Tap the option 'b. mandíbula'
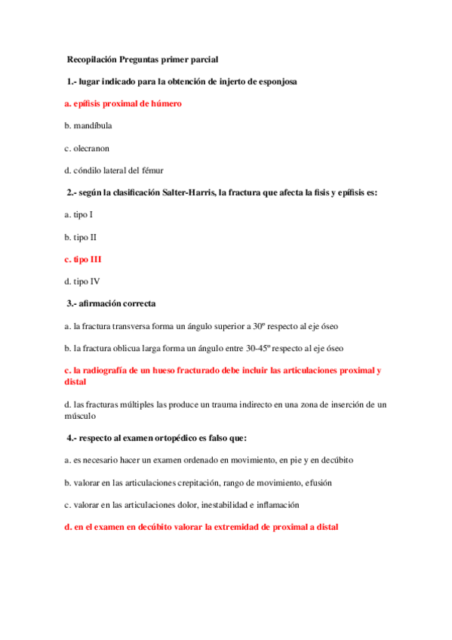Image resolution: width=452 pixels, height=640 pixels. click(x=88, y=125)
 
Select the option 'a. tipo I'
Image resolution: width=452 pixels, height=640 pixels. click(x=79, y=214)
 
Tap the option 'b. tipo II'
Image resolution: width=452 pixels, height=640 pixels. click(x=81, y=237)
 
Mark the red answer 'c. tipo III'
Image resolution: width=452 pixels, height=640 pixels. click(x=83, y=259)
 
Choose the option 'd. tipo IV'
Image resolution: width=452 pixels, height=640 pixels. click(x=81, y=282)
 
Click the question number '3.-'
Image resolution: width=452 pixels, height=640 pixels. click(x=73, y=303)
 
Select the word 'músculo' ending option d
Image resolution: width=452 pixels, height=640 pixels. click(x=81, y=415)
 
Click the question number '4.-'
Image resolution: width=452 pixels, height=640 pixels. click(x=73, y=438)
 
